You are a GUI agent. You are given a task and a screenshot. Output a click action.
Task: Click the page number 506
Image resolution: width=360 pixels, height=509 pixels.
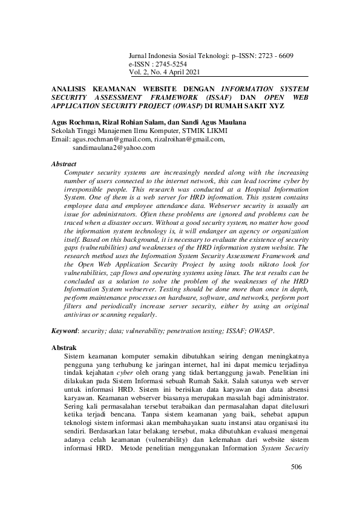coord(296,467)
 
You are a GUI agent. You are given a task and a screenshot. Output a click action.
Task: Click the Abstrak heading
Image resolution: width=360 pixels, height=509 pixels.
coord(64,349)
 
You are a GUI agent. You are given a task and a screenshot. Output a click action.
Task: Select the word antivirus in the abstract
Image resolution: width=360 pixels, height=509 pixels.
coord(80,314)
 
